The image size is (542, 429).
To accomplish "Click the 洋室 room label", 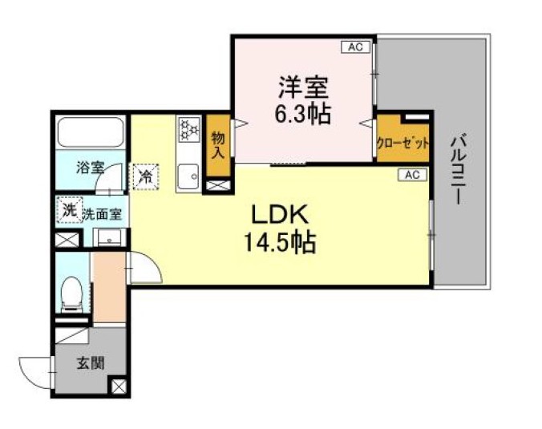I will click(304, 84).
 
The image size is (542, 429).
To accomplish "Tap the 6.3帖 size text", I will click(304, 113).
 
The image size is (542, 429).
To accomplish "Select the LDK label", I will click(280, 214).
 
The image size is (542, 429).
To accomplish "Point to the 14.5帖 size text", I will click(280, 241).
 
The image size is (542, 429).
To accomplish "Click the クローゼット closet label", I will click(403, 144).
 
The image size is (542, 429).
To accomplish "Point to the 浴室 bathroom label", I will click(90, 168).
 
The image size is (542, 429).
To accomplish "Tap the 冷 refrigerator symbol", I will click(146, 175).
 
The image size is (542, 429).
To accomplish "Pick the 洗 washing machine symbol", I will click(68, 211).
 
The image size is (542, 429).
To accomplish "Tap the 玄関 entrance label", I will click(90, 362).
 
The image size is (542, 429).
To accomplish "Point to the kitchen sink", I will click(189, 175).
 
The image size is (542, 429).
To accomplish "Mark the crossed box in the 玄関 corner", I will click(119, 387).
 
